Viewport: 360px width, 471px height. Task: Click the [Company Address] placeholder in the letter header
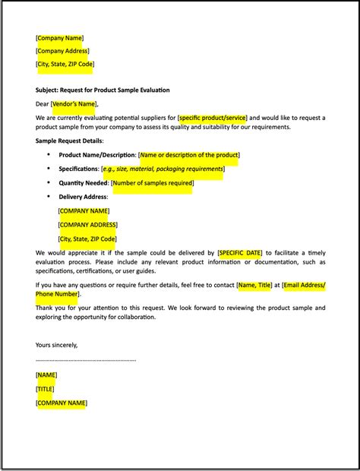point(65,51)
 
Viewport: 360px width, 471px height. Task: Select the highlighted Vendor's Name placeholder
point(74,104)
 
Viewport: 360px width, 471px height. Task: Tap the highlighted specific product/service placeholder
point(212,118)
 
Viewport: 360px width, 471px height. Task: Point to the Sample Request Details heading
point(69,141)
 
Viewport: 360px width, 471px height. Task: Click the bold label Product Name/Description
point(96,155)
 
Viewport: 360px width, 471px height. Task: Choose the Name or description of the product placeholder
point(189,155)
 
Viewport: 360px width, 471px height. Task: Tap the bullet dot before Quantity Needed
point(49,183)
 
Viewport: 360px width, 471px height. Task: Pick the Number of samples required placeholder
point(152,183)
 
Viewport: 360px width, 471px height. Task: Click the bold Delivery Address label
point(83,197)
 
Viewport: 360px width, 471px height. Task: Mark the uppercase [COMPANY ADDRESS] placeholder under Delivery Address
point(87,225)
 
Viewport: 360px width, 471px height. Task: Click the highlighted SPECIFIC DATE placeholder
point(240,252)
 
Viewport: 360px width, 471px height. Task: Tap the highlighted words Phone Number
point(57,294)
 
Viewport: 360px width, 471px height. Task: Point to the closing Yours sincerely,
point(56,344)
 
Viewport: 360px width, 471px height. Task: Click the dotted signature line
point(86,359)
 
